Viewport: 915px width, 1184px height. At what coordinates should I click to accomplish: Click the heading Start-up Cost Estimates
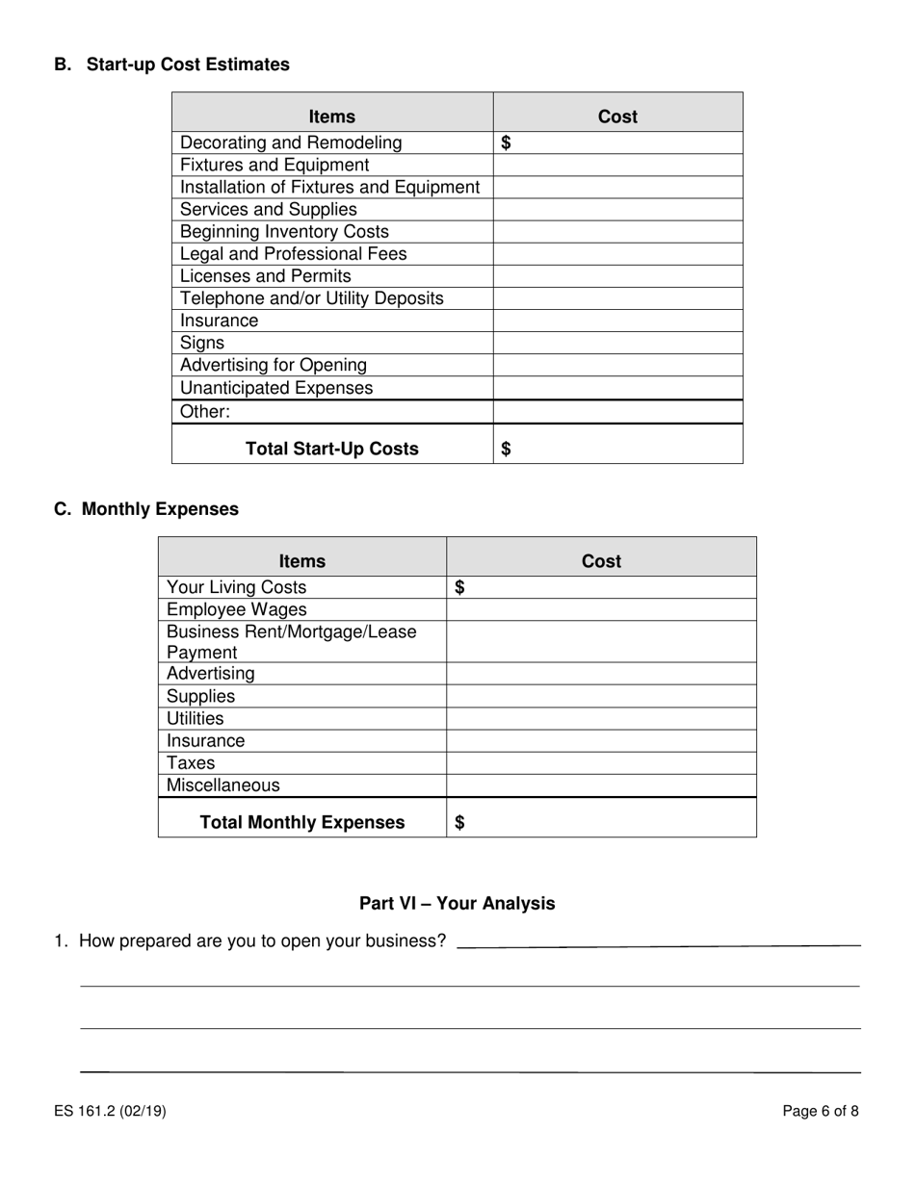pos(188,64)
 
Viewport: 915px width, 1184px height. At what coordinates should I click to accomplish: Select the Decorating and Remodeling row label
pos(291,142)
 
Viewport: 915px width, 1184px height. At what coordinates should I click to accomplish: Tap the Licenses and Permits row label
pos(266,276)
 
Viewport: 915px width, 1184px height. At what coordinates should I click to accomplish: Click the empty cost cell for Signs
pos(617,344)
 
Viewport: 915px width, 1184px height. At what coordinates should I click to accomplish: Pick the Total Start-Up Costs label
pos(332,449)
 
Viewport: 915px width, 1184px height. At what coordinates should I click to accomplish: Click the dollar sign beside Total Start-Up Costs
pos(507,449)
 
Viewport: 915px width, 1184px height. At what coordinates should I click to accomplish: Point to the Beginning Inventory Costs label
pos(285,232)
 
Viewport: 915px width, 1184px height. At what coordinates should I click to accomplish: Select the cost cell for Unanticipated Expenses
pos(617,388)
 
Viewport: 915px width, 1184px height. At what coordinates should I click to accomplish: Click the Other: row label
pos(205,412)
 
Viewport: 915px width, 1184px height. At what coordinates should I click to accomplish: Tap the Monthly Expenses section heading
pos(160,509)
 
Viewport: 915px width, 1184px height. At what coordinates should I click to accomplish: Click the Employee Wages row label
pos(237,609)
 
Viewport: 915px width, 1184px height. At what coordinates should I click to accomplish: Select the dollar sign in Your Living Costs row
pos(459,587)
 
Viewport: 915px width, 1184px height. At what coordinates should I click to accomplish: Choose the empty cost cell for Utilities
pos(601,719)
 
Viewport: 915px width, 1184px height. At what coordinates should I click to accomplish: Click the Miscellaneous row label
pos(223,785)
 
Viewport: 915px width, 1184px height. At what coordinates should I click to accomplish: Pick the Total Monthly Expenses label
pos(302,822)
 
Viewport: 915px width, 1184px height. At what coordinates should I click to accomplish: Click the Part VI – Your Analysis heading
pos(457,903)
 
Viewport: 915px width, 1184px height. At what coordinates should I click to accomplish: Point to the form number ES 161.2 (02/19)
pos(111,1111)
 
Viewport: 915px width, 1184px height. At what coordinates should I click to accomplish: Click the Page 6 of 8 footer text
pos(821,1111)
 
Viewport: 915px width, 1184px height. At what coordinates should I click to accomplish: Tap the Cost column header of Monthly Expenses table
pos(601,561)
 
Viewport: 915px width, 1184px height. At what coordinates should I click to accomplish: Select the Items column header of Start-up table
pos(332,116)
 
